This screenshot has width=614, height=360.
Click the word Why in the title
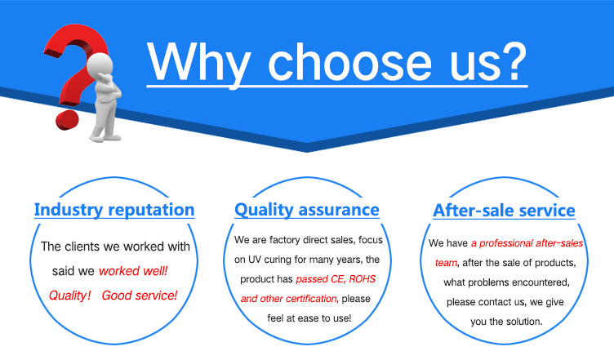click(x=198, y=63)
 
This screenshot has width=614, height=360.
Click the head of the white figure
click(x=100, y=64)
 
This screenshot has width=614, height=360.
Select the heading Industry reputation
click(x=114, y=210)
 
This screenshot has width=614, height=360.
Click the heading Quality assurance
click(x=307, y=210)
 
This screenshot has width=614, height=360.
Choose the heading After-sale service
click(x=504, y=211)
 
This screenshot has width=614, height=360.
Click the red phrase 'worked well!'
click(x=133, y=271)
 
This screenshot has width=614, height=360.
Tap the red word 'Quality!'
click(x=70, y=296)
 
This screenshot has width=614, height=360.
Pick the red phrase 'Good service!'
click(x=140, y=296)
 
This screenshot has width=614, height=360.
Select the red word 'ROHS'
click(x=363, y=279)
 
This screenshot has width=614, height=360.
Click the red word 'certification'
click(x=313, y=299)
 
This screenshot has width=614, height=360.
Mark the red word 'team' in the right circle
click(x=446, y=263)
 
